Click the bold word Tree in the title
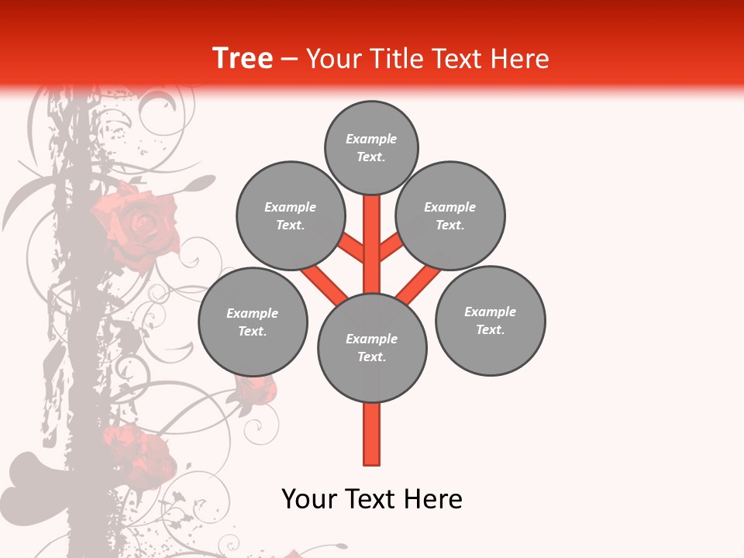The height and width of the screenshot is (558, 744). [243, 58]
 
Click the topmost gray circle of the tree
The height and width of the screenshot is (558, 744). [371, 147]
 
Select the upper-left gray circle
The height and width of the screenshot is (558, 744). [291, 215]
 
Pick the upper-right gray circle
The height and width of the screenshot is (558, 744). [450, 215]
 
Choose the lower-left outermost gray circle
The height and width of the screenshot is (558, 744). [253, 322]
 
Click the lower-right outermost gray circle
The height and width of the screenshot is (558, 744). [490, 320]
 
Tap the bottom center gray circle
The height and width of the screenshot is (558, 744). [372, 348]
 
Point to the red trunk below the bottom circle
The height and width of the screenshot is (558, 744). [372, 434]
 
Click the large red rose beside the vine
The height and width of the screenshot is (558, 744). [136, 225]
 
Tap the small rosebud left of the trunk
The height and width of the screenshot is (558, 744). [256, 387]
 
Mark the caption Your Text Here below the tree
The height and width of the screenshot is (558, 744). [372, 499]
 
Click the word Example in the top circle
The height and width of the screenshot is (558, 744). [371, 139]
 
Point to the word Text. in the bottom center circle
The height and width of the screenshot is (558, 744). [372, 357]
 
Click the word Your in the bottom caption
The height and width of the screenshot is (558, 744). [309, 499]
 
